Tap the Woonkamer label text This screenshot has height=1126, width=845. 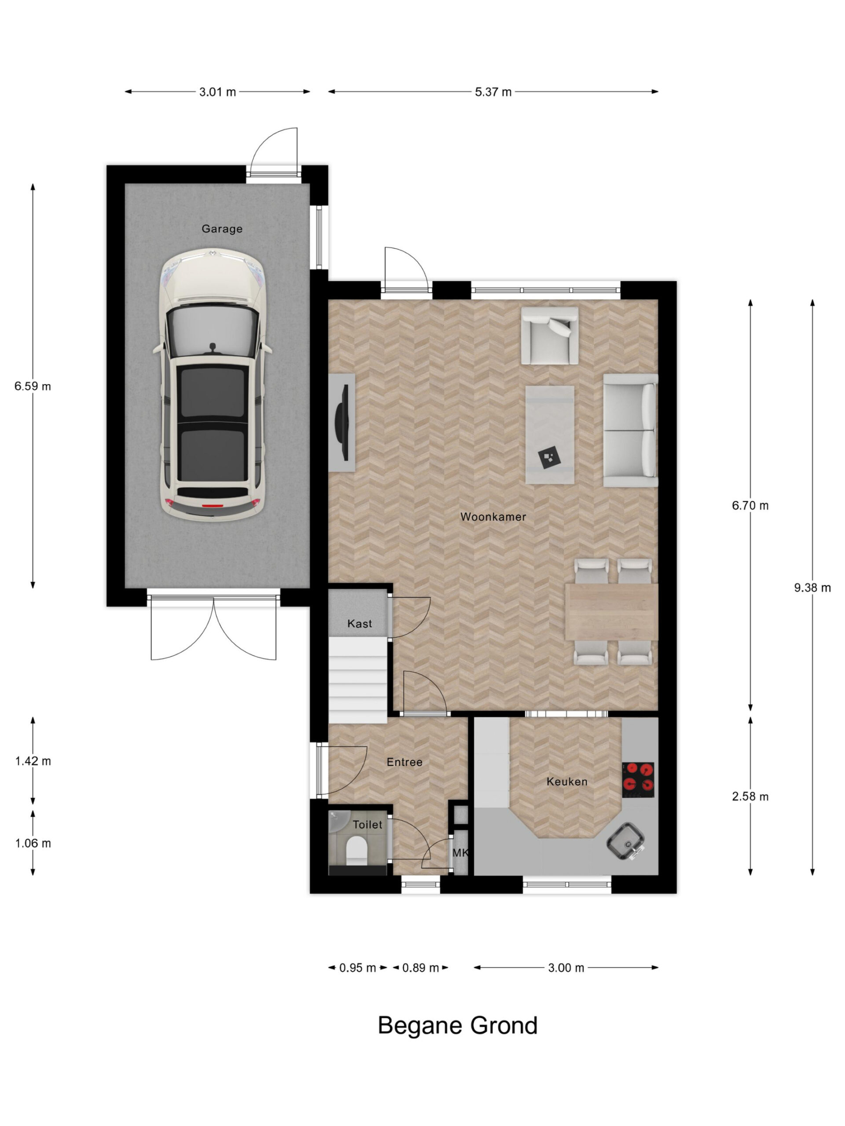point(492,517)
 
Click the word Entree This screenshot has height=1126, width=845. point(404,762)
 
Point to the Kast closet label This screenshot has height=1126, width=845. point(360,624)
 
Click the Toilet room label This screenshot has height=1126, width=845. point(367,825)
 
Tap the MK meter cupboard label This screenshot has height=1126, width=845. point(460,853)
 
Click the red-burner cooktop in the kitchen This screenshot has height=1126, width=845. point(638,779)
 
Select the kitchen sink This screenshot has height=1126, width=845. point(625,841)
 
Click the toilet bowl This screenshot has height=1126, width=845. point(356,852)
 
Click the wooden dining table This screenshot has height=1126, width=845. point(611,611)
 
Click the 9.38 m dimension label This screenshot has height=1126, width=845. point(812,588)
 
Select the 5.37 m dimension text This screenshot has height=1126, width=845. point(493,92)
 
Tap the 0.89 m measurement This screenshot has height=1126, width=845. point(420,968)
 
